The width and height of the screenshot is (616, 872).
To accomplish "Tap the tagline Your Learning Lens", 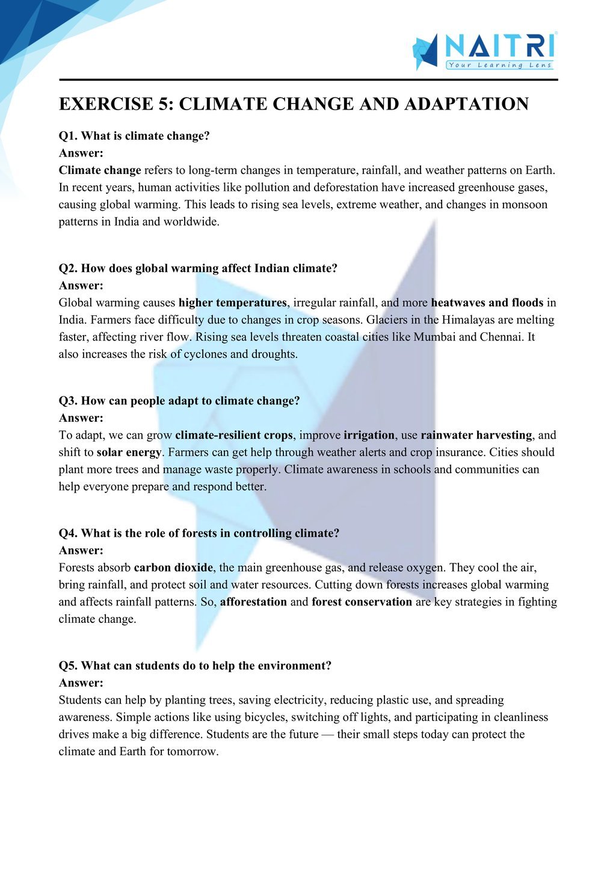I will click(x=499, y=65).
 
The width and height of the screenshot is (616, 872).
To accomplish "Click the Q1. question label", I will click(x=68, y=136).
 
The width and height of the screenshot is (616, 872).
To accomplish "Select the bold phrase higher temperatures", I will click(x=232, y=303).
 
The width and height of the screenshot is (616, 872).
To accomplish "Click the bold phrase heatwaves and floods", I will click(x=487, y=303).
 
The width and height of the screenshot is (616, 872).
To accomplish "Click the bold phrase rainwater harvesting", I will click(x=476, y=435).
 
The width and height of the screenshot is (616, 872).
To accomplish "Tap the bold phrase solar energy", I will click(x=129, y=452).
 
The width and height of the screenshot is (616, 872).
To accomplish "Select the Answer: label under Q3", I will click(x=81, y=418).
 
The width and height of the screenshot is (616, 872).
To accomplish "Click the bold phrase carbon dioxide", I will click(x=173, y=567).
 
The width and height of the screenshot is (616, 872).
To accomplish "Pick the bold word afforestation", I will click(x=253, y=602).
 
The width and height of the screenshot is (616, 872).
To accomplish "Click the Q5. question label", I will click(x=68, y=666).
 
